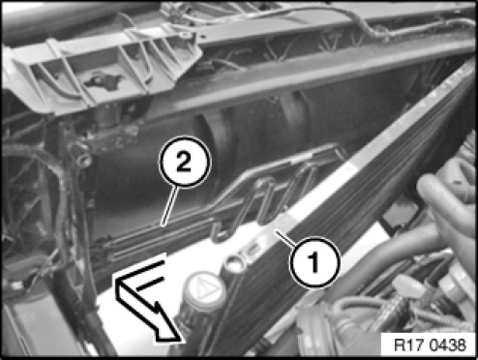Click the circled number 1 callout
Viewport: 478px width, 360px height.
pos(314,262)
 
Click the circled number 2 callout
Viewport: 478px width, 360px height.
pos(185,162)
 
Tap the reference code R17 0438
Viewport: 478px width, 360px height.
pos(430,345)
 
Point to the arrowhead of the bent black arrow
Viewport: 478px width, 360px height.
pos(168,323)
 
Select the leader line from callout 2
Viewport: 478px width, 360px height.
pos(169,206)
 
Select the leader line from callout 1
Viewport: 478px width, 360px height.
pos(285,239)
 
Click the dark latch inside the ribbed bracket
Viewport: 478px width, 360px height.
pos(103,80)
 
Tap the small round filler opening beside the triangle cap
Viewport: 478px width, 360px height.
pos(235,264)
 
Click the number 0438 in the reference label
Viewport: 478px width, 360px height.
pos(448,345)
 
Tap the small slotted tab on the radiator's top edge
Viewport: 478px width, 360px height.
pos(254,249)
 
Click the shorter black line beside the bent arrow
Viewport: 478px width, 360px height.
pos(148,284)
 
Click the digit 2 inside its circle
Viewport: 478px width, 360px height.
pos(184,163)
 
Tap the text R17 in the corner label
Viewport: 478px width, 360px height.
pos(407,345)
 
